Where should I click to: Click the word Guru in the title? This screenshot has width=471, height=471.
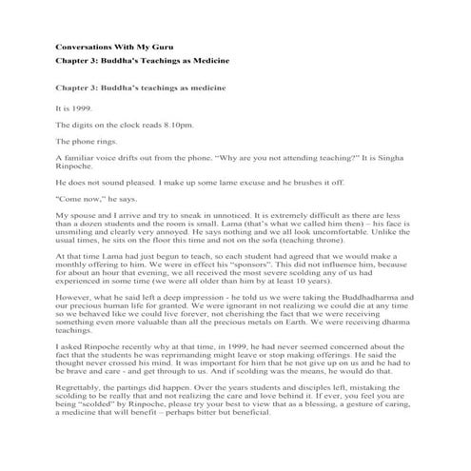click(155, 46)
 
